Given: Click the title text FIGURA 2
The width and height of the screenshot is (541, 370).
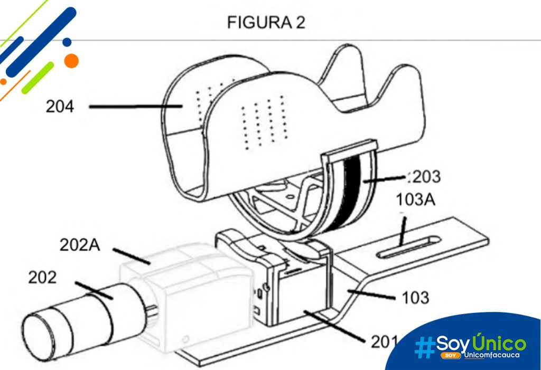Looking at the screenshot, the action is pos(266,23).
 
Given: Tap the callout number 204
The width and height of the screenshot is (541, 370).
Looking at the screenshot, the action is pos(60,106).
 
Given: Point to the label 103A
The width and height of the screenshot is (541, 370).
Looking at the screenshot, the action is pos(415,200).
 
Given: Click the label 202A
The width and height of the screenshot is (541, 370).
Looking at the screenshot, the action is pos(80,245).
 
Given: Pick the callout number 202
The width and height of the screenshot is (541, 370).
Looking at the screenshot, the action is pos(42,277).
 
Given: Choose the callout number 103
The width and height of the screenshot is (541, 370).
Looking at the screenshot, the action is pos(415,297).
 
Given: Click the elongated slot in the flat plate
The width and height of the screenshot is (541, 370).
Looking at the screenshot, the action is pos(408,247).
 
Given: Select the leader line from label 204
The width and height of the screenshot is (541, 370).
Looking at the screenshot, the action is pos(136,107).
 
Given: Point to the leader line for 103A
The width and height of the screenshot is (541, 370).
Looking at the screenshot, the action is pos(402,231).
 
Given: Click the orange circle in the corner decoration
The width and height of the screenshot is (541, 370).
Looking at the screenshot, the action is pos(71,61).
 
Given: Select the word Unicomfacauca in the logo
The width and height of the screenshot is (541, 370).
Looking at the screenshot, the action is pos(492,355).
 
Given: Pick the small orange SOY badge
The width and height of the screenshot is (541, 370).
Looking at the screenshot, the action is pos(450,355).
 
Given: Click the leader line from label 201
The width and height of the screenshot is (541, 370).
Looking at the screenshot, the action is pos(334,326).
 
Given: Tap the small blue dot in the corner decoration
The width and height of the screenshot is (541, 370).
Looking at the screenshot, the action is pos(67,42).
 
